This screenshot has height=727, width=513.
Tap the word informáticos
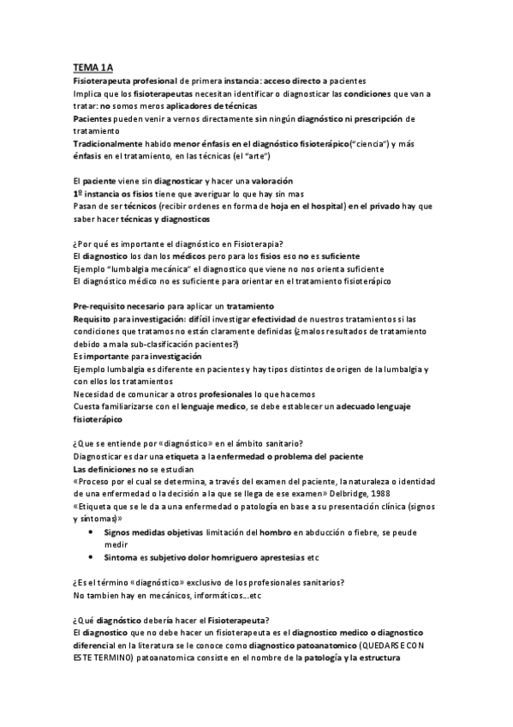(211, 596)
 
